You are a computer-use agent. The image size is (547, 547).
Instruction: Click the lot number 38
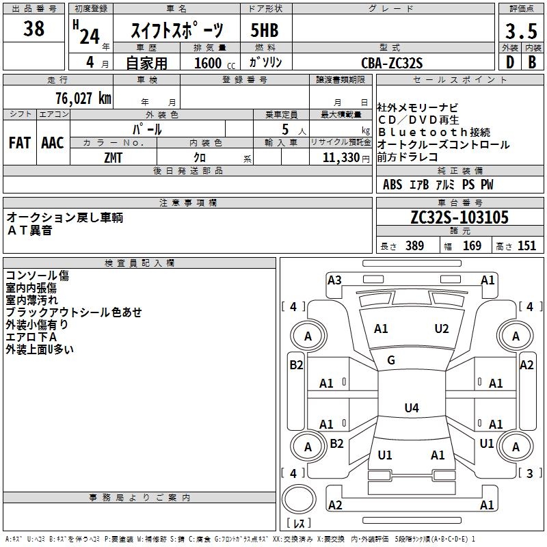click(34, 29)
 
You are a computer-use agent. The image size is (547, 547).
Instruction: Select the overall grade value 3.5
click(520, 31)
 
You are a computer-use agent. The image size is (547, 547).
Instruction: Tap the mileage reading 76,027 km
click(83, 98)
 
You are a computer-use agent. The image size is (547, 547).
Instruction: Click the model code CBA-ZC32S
click(392, 63)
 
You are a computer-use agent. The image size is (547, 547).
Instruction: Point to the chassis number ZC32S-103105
click(459, 218)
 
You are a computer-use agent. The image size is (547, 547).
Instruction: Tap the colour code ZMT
click(114, 157)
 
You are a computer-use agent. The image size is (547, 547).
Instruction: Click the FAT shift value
click(20, 143)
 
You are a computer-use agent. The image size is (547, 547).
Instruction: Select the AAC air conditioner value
click(53, 143)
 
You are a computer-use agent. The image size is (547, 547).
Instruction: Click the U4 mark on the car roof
click(411, 408)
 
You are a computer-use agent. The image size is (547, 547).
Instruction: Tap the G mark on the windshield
click(391, 360)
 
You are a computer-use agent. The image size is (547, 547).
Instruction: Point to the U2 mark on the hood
click(442, 329)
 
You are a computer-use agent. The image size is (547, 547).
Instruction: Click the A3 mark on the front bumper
click(334, 280)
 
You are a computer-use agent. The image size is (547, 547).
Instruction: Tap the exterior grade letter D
click(509, 62)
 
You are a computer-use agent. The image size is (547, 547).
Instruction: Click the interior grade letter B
click(532, 62)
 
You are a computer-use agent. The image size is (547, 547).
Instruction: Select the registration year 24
click(90, 36)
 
